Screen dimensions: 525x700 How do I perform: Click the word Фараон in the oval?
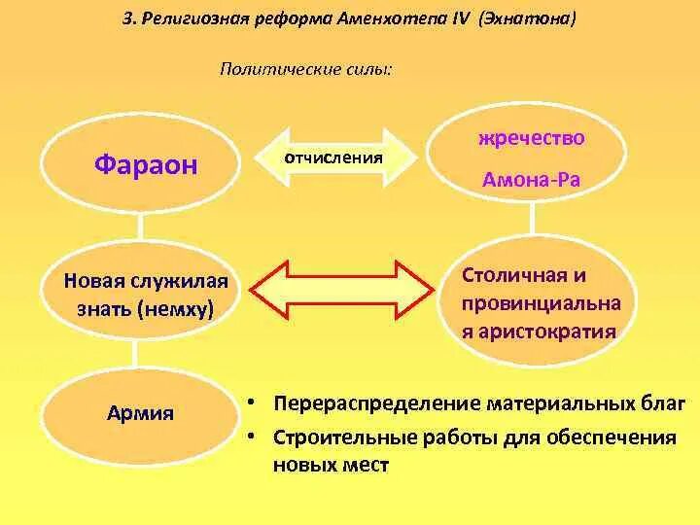pos(146,164)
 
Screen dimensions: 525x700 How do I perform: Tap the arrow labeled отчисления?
pos(332,157)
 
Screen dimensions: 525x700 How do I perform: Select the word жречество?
pos(531,138)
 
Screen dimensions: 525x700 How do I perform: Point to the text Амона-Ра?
pos(531,180)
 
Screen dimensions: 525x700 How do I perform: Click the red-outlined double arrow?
pos(342,289)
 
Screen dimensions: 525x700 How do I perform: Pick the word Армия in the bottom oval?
pos(141,413)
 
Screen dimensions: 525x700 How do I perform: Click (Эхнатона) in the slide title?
pos(521,19)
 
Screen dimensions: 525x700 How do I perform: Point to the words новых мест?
pos(331,465)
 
